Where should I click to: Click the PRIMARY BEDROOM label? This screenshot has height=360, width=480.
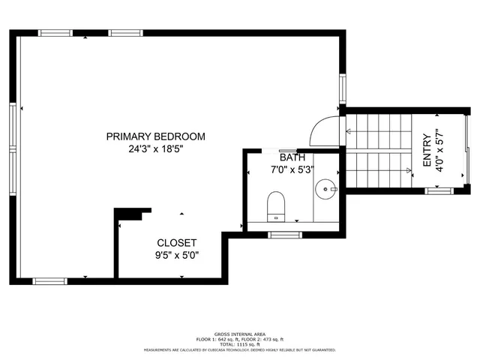(155, 136)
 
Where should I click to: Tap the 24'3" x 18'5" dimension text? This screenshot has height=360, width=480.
(155, 149)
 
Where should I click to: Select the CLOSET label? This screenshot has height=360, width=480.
(177, 243)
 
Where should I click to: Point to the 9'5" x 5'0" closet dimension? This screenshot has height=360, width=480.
(177, 255)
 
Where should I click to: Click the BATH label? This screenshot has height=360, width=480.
(292, 157)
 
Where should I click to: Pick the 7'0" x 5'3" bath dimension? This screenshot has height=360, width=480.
(292, 170)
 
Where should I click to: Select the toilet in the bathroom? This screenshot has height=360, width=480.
(276, 205)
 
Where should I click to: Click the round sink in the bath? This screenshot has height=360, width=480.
(325, 187)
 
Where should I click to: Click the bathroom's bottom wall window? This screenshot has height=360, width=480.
(284, 235)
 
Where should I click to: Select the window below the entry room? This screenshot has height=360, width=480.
(436, 190)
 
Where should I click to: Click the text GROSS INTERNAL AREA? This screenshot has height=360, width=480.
(239, 335)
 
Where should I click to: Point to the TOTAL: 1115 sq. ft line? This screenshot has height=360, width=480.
(239, 344)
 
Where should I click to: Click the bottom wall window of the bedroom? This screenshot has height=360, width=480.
(50, 281)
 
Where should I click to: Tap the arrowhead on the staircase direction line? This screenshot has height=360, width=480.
(349, 133)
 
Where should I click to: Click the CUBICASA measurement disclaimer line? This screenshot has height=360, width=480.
(239, 349)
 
